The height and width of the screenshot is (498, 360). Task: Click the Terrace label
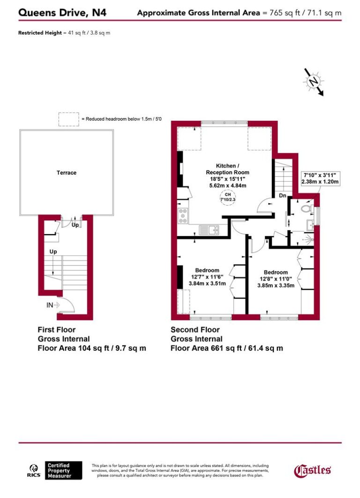click(66, 173)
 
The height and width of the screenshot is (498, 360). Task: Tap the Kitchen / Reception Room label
click(227, 169)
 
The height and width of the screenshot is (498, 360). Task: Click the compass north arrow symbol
click(313, 82)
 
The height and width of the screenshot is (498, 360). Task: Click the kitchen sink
click(210, 230)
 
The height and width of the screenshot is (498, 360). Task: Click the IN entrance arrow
click(53, 305)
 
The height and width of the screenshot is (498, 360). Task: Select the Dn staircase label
click(283, 196)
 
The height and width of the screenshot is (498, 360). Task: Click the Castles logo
click(312, 470)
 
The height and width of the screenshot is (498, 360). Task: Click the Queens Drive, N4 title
click(62, 13)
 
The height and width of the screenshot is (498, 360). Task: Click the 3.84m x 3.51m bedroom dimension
click(207, 283)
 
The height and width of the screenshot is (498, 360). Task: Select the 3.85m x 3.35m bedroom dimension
click(276, 285)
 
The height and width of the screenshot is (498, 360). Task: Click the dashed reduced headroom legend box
click(68, 119)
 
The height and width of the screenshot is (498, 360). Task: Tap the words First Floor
click(56, 330)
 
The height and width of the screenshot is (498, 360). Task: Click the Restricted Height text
click(39, 33)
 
